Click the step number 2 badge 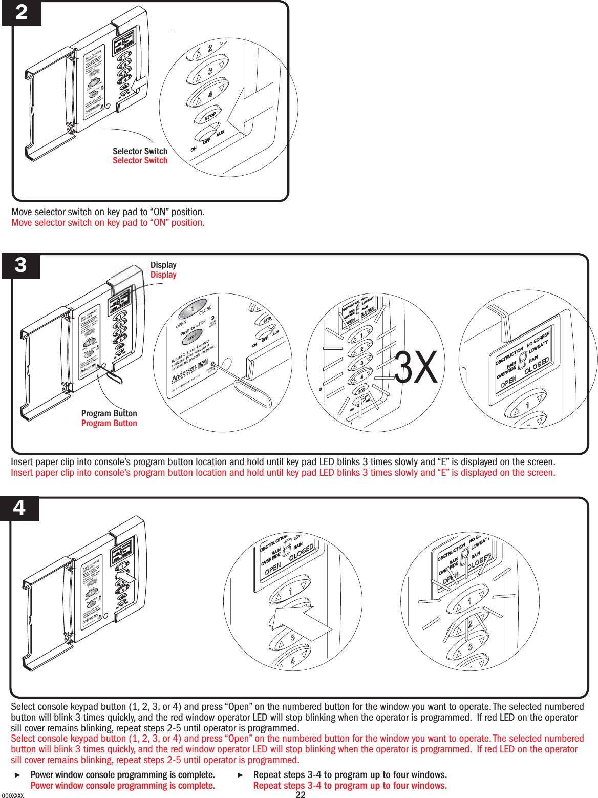22,12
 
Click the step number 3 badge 20,265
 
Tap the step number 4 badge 19,508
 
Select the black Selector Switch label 140,151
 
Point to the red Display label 163,275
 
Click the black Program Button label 109,413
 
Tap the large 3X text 416,368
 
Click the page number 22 301,794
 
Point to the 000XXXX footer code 12,795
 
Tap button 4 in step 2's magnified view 208,93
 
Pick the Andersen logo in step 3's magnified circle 184,373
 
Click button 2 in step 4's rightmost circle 468,625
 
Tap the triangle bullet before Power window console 18,775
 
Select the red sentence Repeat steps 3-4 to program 350,786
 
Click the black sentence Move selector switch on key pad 108,212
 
